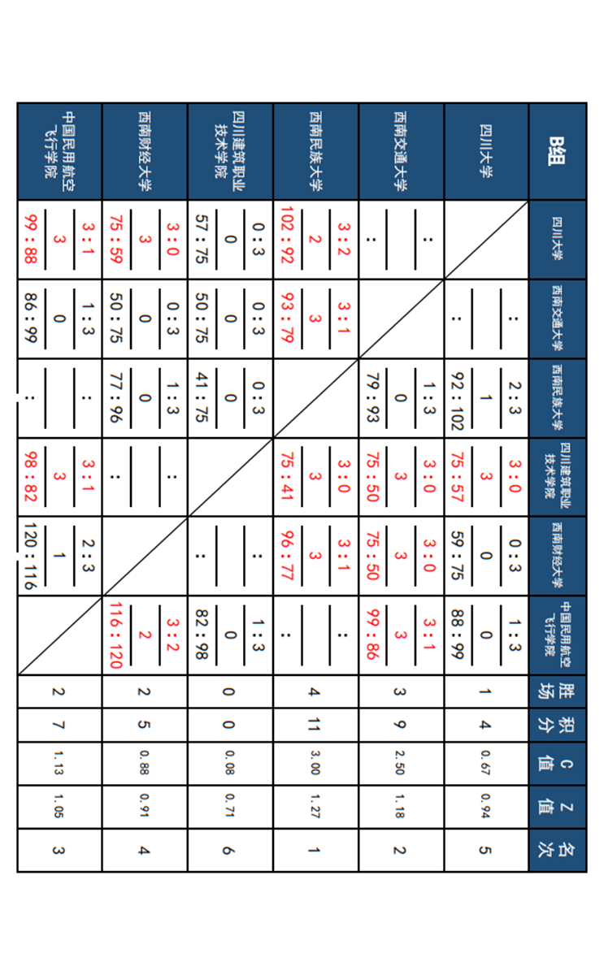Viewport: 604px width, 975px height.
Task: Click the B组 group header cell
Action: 557,150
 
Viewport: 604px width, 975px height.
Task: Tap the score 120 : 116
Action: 30,557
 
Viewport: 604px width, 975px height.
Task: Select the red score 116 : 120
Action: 115,636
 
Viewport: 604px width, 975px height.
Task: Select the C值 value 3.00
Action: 315,764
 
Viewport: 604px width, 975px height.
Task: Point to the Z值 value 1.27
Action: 315,807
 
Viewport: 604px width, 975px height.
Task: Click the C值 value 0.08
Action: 230,764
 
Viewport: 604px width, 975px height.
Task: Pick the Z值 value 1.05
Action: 59,807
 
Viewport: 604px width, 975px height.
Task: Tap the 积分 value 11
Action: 315,724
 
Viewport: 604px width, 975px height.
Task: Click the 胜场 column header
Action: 557,691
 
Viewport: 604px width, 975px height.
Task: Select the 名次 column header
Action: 557,850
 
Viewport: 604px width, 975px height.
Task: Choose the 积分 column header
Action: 557,724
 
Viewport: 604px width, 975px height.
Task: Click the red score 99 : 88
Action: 30,239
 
